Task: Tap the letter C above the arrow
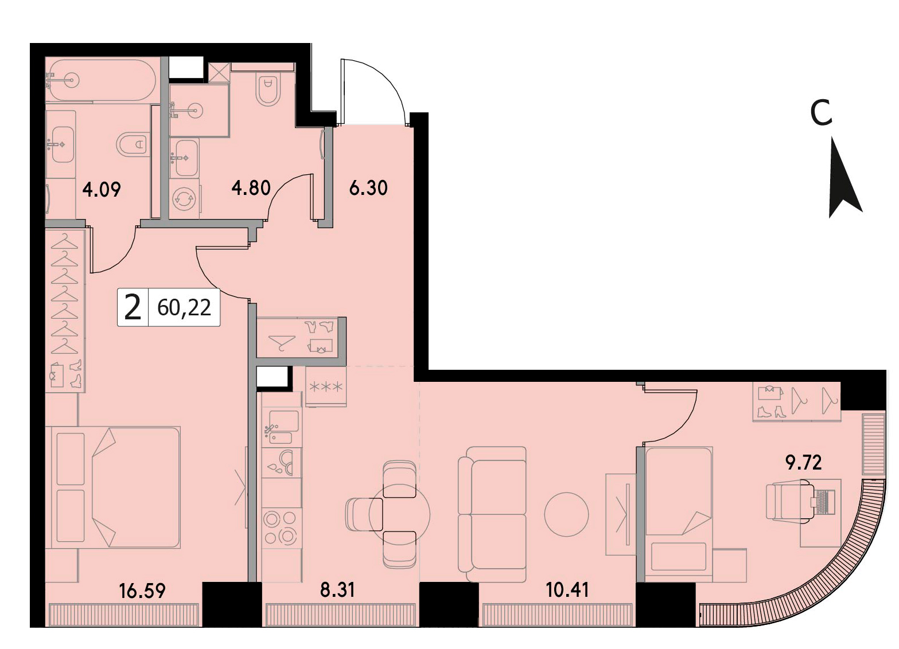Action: [821, 112]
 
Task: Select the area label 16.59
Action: [142, 591]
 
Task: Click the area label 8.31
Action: [337, 590]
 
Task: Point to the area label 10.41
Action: [567, 590]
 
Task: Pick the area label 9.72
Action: [804, 463]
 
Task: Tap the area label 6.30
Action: [368, 188]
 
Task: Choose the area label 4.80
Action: [251, 188]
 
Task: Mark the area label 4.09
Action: [101, 190]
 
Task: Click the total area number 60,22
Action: [184, 308]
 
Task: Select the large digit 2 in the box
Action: [133, 307]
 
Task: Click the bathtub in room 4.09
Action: [101, 80]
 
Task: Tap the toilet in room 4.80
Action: [268, 90]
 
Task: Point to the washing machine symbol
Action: [184, 199]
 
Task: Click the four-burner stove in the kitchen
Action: [280, 528]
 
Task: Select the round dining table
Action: [399, 514]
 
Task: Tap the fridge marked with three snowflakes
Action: [325, 386]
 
